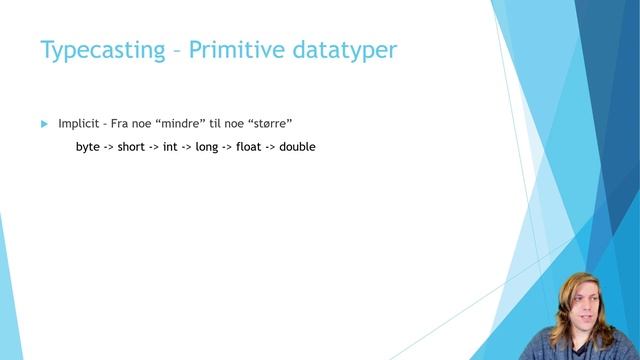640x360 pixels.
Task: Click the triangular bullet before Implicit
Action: [44, 123]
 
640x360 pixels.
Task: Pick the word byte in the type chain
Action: [87, 147]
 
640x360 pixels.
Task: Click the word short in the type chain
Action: [131, 147]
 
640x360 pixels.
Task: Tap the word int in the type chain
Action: [170, 147]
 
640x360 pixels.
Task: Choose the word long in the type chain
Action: [207, 147]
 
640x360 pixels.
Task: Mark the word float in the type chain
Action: [248, 147]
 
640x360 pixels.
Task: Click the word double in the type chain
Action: [297, 147]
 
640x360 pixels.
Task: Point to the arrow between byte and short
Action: [109, 147]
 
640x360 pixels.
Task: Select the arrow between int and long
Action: [186, 147]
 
